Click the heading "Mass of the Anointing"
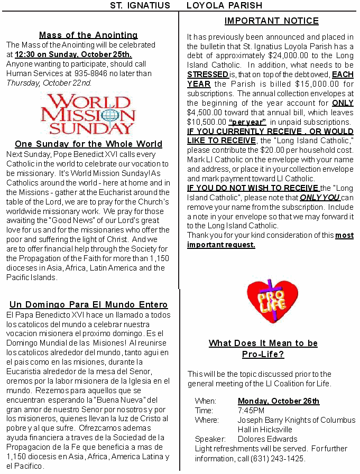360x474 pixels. [x=88, y=35]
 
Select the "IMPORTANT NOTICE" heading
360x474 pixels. [x=271, y=21]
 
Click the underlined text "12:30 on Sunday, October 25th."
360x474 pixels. [x=73, y=54]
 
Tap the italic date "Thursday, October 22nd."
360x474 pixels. [x=49, y=83]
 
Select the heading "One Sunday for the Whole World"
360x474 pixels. [x=88, y=144]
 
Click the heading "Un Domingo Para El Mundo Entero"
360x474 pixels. [x=88, y=304]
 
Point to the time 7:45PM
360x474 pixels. [x=251, y=411]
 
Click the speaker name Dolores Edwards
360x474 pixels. [x=267, y=439]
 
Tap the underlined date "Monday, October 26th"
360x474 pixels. [x=279, y=401]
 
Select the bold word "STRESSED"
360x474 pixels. [x=208, y=75]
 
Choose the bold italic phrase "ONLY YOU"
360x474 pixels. [x=319, y=197]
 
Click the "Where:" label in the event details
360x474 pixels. [x=207, y=420]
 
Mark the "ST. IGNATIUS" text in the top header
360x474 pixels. [x=140, y=5]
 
